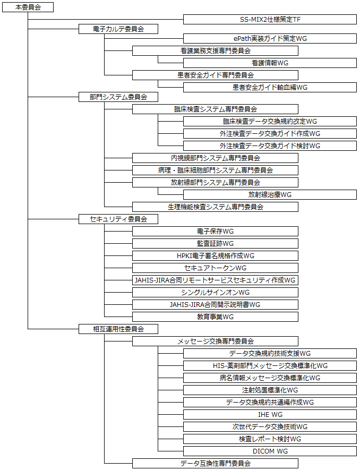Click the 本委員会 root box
(27, 7)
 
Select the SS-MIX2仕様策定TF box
(270, 20)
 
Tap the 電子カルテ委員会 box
(118, 29)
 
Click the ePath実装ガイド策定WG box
(270, 38)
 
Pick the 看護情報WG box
(270, 63)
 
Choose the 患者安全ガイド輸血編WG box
(270, 87)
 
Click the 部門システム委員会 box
(118, 97)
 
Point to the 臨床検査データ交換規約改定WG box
(270, 121)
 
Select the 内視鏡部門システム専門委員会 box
(215, 158)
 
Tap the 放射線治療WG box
(270, 194)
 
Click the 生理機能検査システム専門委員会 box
(215, 207)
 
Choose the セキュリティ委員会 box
(118, 219)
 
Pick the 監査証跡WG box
(215, 243)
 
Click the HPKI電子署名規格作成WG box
(215, 255)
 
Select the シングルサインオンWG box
(215, 292)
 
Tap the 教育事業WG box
(215, 317)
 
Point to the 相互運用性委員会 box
(118, 329)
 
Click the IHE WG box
(270, 414)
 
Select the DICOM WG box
(270, 451)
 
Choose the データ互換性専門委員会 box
(215, 463)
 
